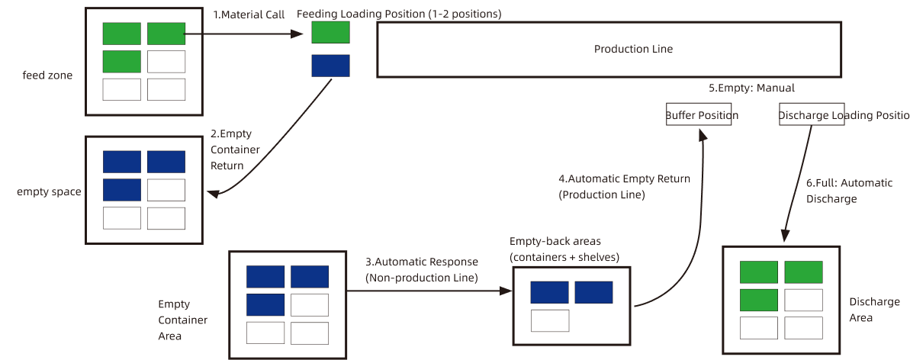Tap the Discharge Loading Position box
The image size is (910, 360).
(x=811, y=115)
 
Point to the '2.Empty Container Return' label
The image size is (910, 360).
(x=234, y=149)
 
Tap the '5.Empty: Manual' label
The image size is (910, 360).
(x=751, y=88)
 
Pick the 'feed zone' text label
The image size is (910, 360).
(x=47, y=75)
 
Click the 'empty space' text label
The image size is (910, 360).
(x=49, y=191)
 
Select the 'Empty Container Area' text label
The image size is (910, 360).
(x=182, y=320)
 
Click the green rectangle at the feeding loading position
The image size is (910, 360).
(x=330, y=33)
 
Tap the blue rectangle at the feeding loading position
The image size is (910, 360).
(x=330, y=66)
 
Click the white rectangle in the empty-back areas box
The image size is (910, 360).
(x=550, y=320)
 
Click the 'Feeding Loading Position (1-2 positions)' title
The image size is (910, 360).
(x=399, y=14)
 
